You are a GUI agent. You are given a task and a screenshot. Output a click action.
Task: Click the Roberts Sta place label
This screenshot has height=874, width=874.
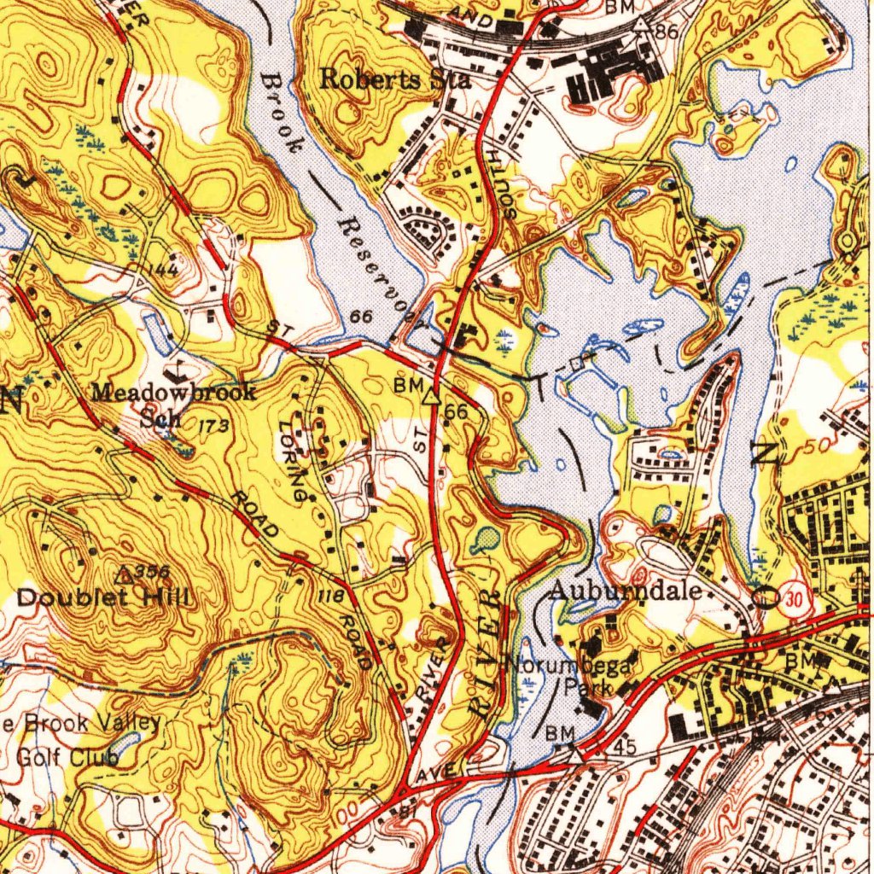(x=395, y=79)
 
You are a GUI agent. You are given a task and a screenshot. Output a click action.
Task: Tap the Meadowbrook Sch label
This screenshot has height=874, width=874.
(x=173, y=405)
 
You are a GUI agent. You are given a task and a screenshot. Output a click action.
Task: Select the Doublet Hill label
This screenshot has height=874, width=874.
(x=103, y=597)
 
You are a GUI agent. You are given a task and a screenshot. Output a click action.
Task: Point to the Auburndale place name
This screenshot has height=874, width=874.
(x=625, y=590)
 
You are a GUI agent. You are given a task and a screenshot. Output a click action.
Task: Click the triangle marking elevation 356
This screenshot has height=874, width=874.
(x=125, y=575)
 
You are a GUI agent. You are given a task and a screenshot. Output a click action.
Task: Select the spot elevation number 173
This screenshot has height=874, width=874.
(x=213, y=425)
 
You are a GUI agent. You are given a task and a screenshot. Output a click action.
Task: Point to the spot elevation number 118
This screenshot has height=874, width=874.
(x=329, y=595)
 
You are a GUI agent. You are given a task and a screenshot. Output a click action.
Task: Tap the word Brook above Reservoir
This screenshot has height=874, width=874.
(x=280, y=111)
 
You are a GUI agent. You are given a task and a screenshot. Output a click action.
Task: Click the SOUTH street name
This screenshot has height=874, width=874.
(x=498, y=182)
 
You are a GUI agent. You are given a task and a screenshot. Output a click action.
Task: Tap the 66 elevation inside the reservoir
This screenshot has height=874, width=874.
(x=362, y=317)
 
